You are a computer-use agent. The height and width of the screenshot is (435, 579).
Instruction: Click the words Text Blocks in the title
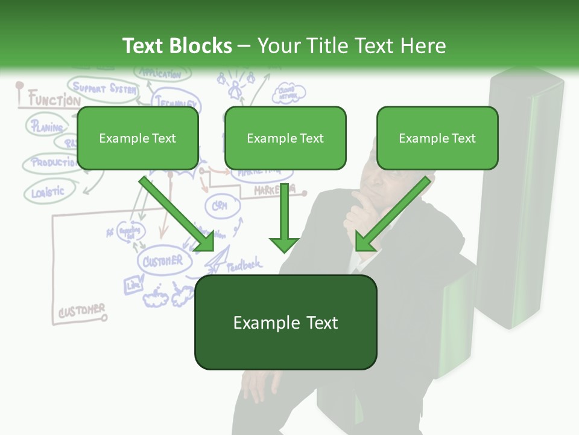tap(177, 46)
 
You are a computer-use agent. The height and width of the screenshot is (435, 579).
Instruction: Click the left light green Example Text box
tap(138, 138)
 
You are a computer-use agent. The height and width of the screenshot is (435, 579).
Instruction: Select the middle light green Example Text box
tap(285, 138)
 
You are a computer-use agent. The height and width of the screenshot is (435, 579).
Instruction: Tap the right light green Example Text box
tap(437, 138)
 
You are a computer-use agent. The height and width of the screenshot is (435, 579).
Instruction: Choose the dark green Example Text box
tap(285, 323)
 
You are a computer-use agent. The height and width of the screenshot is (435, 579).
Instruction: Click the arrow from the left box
tap(178, 214)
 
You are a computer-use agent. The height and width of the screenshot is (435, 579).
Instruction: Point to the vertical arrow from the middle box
tap(283, 217)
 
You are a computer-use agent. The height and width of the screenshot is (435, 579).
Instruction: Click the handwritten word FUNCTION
tap(53, 100)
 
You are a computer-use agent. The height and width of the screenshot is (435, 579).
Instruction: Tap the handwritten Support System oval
tap(103, 88)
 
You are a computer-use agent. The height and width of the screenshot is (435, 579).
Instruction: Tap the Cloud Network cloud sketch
tap(289, 93)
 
